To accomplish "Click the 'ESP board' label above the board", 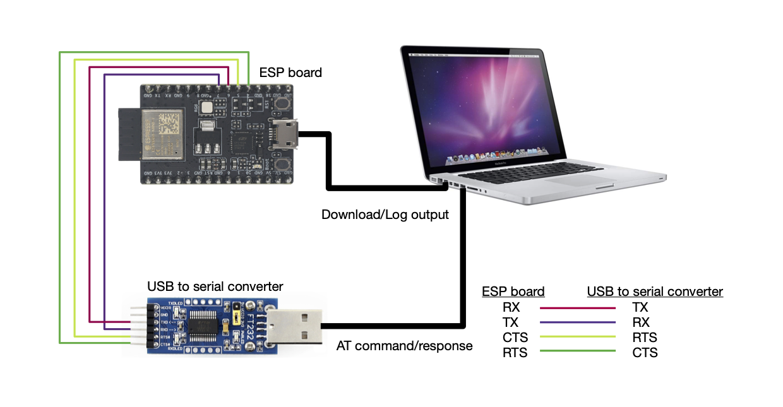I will tap(290, 73).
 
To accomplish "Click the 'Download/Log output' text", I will tap(385, 215).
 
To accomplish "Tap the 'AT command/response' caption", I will tap(404, 346).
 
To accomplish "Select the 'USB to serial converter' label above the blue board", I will tap(215, 286).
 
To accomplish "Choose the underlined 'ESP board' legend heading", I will tap(513, 292).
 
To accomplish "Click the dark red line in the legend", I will tap(578, 308).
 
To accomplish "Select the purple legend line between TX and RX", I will tap(578, 322).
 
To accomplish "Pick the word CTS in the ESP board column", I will tap(515, 338).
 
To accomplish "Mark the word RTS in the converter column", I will tap(645, 338).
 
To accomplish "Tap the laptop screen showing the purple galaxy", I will tap(481, 102).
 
